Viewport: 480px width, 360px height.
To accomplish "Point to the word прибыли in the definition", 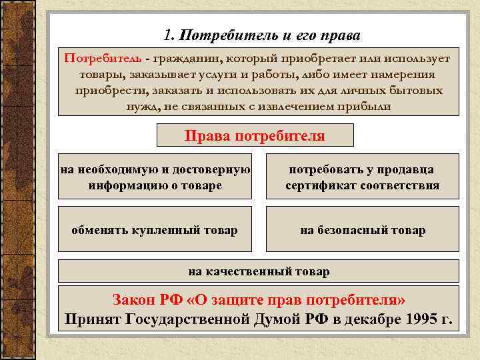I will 371,106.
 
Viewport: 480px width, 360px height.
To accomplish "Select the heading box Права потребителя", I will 255,136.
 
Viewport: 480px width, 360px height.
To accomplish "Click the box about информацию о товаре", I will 155,177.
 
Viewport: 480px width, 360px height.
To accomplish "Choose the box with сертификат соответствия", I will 362,177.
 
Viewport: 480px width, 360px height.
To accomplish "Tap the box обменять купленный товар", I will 155,230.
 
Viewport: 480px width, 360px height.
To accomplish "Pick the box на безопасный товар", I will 362,230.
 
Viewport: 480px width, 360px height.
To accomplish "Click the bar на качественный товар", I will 259,271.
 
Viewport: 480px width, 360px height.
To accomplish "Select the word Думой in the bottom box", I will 277,319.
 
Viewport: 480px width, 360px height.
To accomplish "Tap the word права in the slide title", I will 344,34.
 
